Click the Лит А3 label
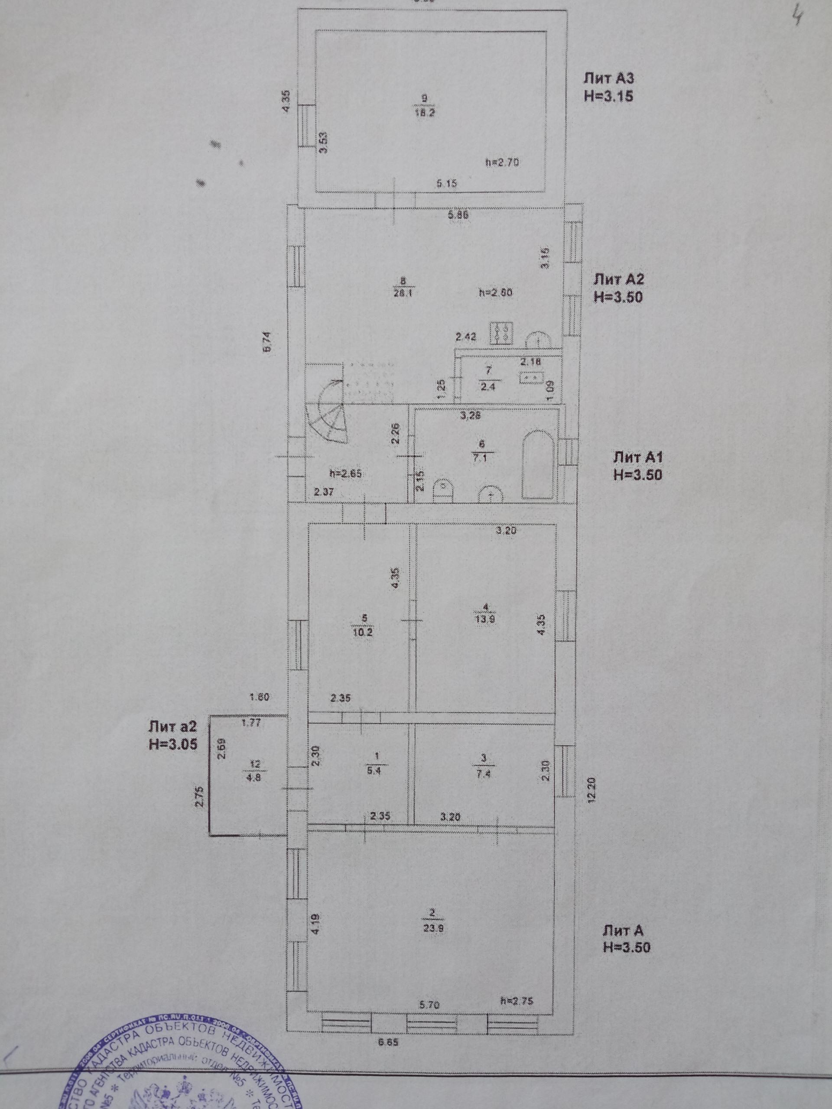[609, 79]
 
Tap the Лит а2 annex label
[172, 726]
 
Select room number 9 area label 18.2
[424, 112]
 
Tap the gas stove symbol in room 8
[502, 334]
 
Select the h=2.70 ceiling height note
[502, 162]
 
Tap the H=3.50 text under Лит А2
[618, 297]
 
